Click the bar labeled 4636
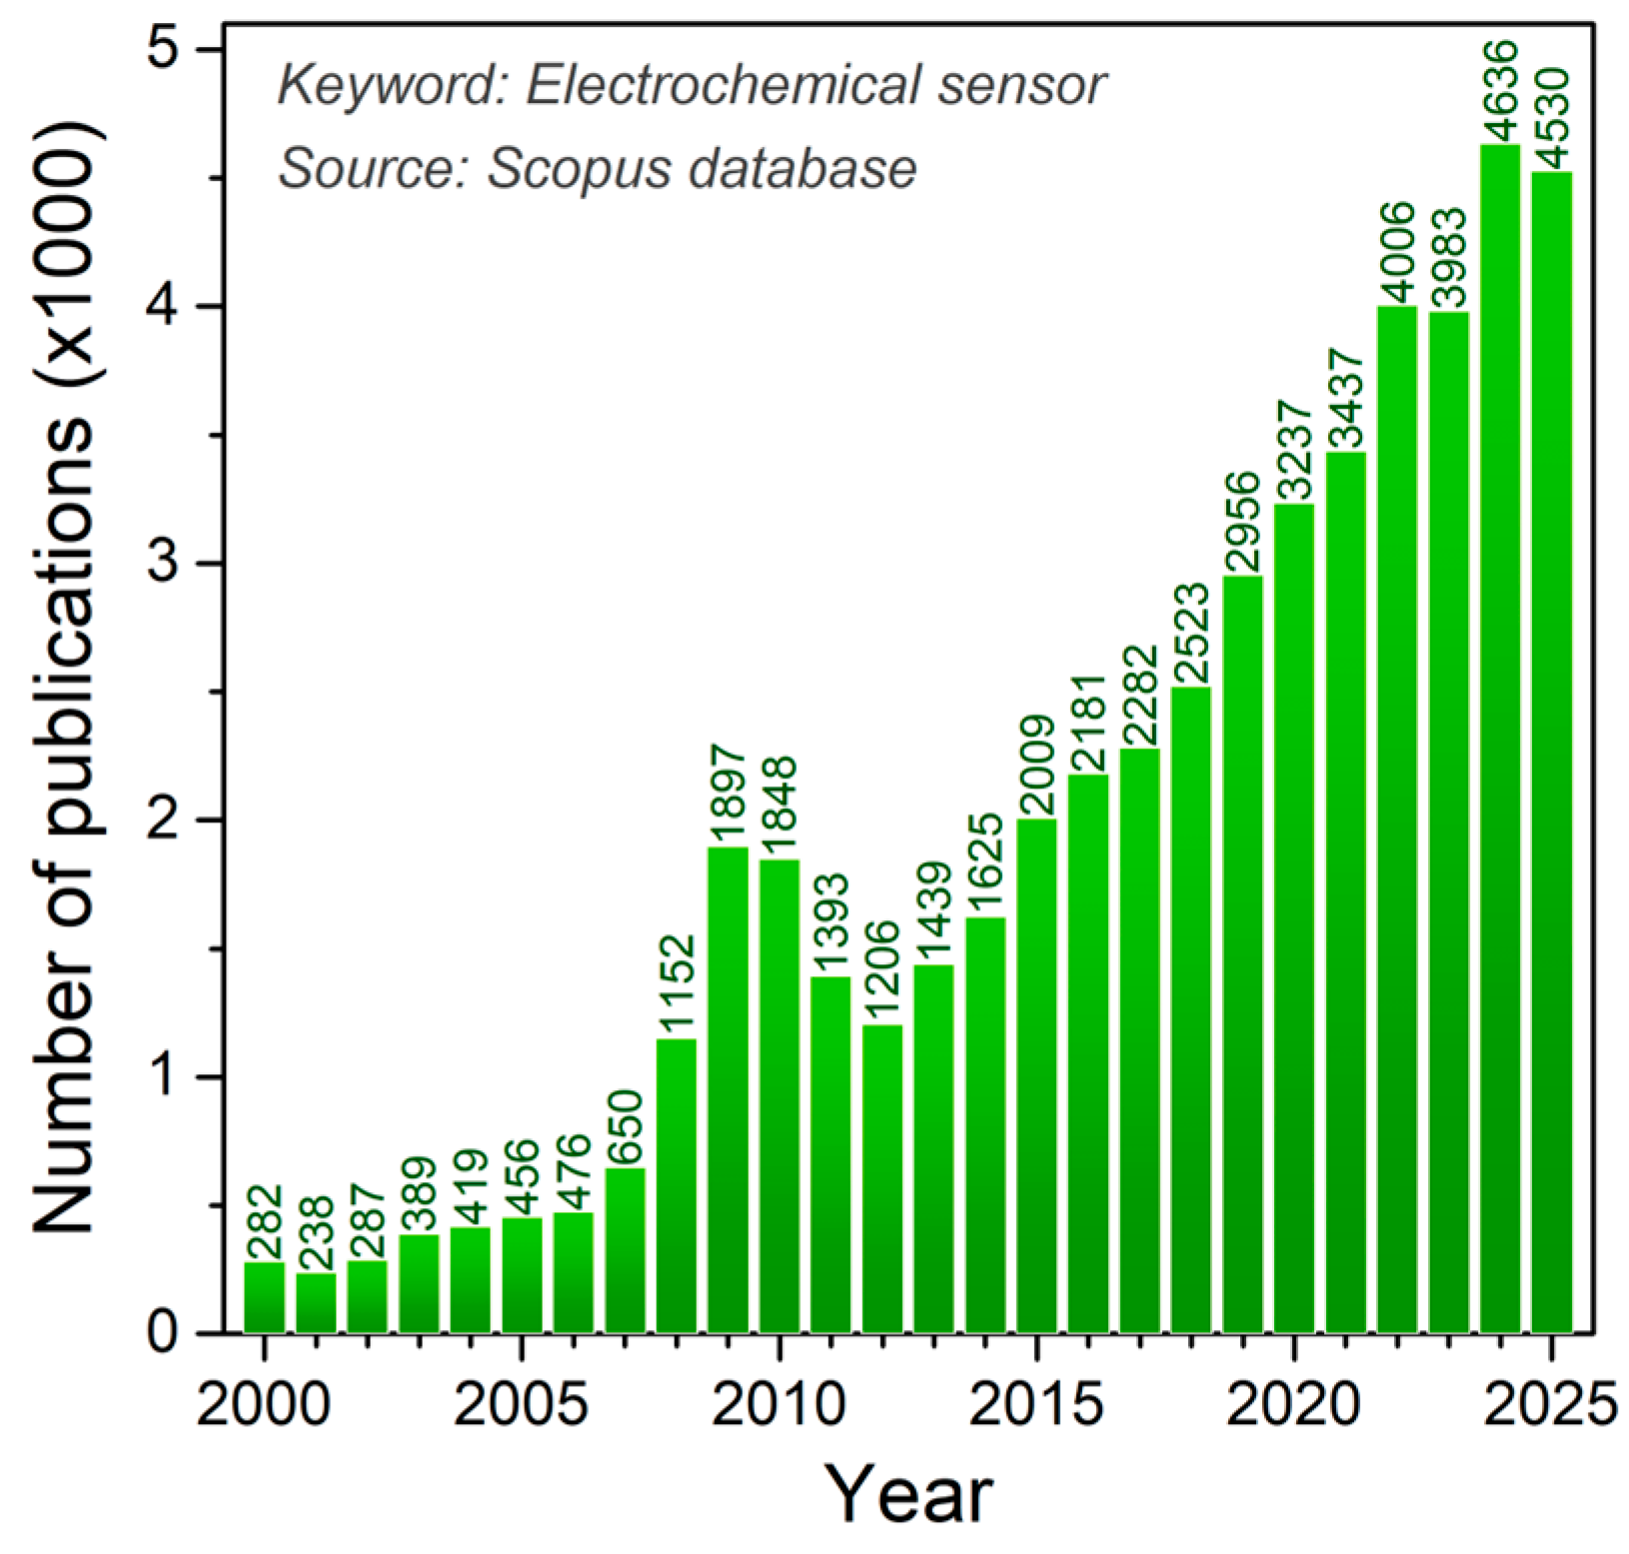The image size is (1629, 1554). (x=1499, y=740)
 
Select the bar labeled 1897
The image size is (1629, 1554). (x=728, y=1089)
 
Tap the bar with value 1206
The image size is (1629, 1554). (x=882, y=1179)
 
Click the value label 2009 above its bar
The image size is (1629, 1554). (x=1037, y=766)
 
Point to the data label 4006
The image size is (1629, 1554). (x=1397, y=252)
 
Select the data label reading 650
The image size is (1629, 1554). (x=626, y=1127)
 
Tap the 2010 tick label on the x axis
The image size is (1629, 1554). (x=781, y=1405)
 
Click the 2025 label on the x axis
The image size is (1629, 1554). (x=1550, y=1405)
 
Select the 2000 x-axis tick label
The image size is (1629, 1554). (x=263, y=1405)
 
